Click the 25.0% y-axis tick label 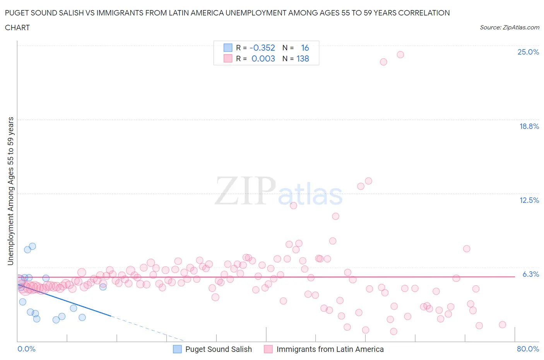[x=528, y=52]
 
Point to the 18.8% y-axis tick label [x=529, y=126]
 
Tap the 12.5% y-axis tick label [x=529, y=200]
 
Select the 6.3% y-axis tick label [x=530, y=274]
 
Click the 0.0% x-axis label [x=26, y=349]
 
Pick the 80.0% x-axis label [x=528, y=349]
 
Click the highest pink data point [x=400, y=55]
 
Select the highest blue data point [x=33, y=246]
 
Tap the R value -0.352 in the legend [x=262, y=48]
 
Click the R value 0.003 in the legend [x=263, y=58]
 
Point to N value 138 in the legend [x=303, y=58]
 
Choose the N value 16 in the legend [x=305, y=48]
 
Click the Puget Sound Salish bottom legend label [x=218, y=349]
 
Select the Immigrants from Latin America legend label [x=330, y=349]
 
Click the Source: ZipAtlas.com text [x=509, y=27]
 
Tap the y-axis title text [x=10, y=191]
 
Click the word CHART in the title [x=17, y=27]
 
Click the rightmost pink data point [x=503, y=324]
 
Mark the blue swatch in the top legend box [x=228, y=48]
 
